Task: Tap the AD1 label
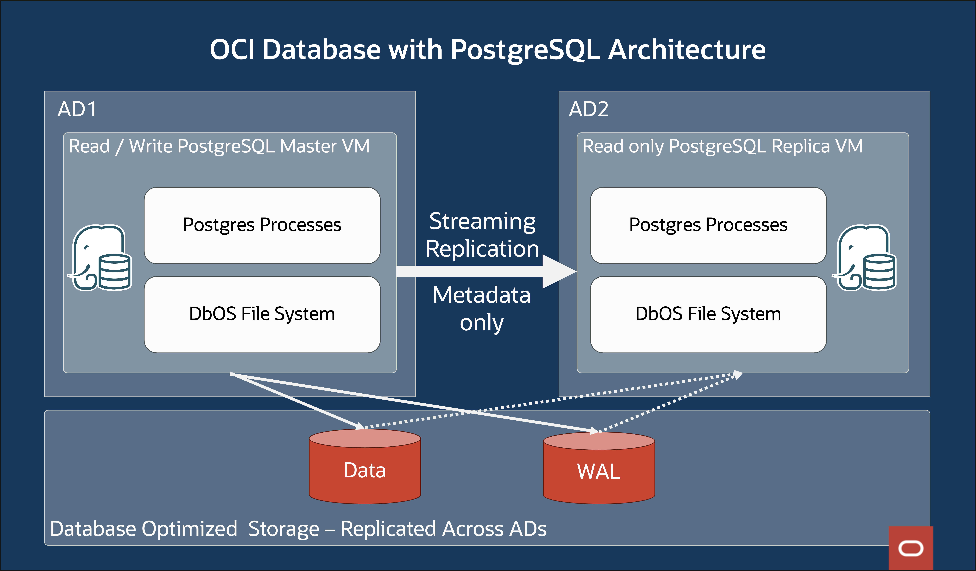click(x=77, y=109)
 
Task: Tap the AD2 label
click(x=588, y=109)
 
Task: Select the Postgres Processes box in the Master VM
click(x=262, y=225)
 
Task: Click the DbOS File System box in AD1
click(x=262, y=314)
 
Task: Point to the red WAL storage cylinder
click(x=599, y=471)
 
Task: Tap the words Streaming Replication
click(x=482, y=235)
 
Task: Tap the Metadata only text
click(x=481, y=308)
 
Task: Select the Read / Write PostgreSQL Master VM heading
click(x=219, y=146)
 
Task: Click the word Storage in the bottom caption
click(x=284, y=529)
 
